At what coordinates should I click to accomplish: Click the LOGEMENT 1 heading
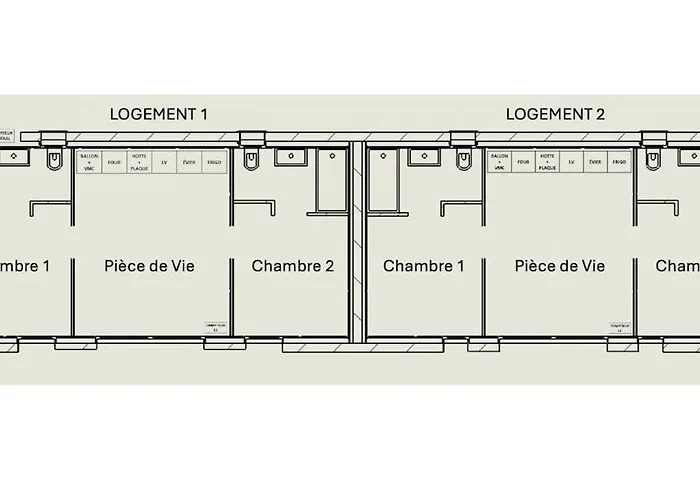click(158, 114)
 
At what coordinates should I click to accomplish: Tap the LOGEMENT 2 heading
click(555, 114)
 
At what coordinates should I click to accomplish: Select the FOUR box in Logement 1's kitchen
click(114, 161)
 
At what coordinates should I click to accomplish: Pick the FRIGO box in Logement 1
click(214, 161)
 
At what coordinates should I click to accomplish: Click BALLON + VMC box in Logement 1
click(89, 161)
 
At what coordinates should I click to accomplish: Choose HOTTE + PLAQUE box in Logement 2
click(547, 161)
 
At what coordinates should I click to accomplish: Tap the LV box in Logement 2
click(571, 161)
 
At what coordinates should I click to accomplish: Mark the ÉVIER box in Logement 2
click(595, 161)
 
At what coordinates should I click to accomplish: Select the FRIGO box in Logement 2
click(619, 161)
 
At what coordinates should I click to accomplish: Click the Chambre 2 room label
click(292, 266)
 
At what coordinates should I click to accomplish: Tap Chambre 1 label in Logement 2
click(424, 266)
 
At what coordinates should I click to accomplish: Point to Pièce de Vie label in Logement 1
click(149, 266)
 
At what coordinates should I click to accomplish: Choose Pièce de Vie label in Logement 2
click(560, 266)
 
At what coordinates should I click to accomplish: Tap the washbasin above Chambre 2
click(291, 156)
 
